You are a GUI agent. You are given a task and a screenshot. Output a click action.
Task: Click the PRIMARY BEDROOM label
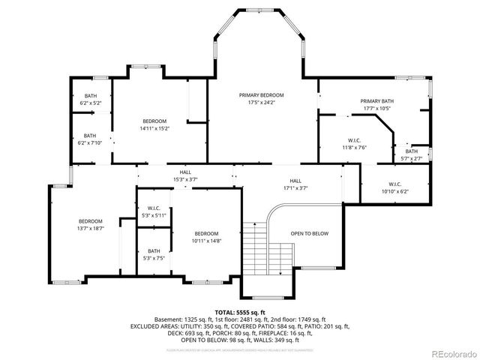[x=262, y=95]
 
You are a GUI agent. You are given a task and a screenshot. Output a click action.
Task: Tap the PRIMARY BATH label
[x=376, y=101]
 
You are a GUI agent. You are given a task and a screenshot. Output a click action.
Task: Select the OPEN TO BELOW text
[x=310, y=234]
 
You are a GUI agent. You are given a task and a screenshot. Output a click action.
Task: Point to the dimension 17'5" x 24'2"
[x=262, y=102]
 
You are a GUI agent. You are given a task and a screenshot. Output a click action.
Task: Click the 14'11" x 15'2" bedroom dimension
[x=154, y=128]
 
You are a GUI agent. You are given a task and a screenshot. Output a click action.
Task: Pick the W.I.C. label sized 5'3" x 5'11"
[x=154, y=208]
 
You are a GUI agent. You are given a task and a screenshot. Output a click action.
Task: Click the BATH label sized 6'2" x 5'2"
[x=90, y=95]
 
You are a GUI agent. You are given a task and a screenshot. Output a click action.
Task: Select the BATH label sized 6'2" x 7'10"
[x=90, y=136]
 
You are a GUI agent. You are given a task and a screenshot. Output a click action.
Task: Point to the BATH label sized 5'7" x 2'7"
[x=412, y=151]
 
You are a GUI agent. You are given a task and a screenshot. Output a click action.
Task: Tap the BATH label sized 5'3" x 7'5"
[x=154, y=251]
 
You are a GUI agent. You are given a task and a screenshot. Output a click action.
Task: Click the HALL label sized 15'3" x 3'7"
[x=185, y=173]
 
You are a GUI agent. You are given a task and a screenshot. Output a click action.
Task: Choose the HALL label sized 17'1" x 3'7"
[x=295, y=181]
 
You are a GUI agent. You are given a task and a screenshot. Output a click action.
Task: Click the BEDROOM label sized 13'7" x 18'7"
[x=91, y=221]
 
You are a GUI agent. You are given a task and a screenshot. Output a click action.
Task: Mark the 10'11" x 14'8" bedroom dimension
[x=205, y=241]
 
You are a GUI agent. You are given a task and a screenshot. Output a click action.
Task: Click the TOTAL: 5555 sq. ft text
[x=240, y=312]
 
